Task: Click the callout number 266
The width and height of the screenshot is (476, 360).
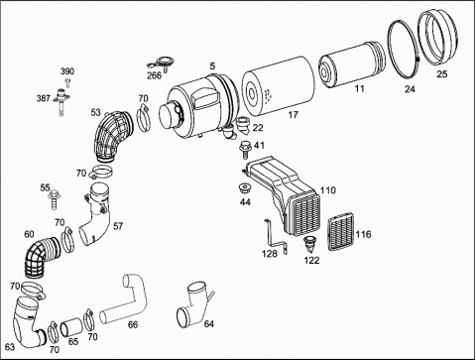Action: [x=154, y=75]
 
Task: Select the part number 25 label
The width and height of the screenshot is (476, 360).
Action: [x=442, y=73]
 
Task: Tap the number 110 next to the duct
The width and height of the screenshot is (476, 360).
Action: [x=327, y=190]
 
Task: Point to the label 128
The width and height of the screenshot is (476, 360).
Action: [x=270, y=254]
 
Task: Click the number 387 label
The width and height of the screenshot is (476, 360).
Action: [x=44, y=98]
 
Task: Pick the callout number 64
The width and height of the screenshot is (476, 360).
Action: [x=209, y=324]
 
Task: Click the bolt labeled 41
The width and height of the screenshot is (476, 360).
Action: [x=244, y=149]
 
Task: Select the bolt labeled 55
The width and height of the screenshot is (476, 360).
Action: [x=54, y=199]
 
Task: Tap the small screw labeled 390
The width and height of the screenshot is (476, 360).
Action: [x=68, y=82]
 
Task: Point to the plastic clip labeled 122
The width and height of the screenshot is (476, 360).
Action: [x=309, y=245]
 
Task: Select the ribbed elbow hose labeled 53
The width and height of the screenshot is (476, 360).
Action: [x=111, y=136]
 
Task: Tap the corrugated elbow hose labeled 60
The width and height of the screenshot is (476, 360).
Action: [x=39, y=256]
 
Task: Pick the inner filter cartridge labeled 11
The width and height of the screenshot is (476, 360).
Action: [x=351, y=64]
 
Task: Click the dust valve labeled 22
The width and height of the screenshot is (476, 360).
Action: [x=244, y=125]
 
